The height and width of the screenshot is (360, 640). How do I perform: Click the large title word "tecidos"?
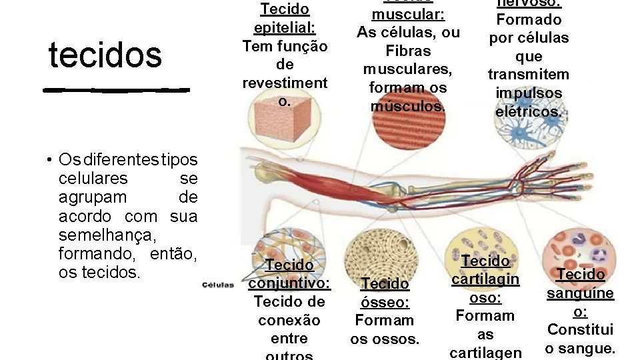pos(105,55)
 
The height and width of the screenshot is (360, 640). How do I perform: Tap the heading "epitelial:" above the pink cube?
pos(285,28)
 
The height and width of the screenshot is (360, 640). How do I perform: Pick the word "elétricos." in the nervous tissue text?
pos(529,112)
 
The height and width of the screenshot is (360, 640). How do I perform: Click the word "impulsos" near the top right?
pos(529,93)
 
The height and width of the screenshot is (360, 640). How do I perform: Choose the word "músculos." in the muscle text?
pos(407,106)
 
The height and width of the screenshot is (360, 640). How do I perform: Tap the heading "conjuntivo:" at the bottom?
pos(289,283)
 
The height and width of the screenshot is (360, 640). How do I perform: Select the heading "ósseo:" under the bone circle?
pos(384,302)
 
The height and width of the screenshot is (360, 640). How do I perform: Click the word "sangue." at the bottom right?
pos(580,348)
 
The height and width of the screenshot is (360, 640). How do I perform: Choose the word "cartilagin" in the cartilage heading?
pos(485,279)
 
